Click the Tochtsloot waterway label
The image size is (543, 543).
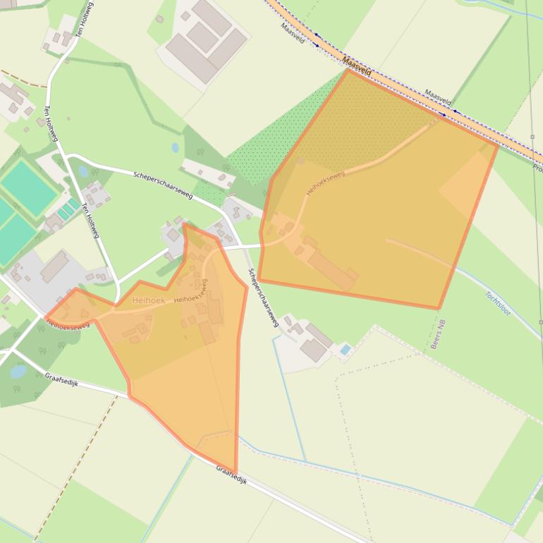tap(497, 303)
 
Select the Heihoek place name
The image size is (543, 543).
tap(148, 300)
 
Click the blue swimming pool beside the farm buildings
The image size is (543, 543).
tap(344, 350)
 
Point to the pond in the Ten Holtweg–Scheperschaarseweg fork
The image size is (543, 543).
tap(83, 171)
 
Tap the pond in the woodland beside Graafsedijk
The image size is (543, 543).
tap(18, 372)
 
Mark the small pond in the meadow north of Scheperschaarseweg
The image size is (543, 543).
tap(175, 148)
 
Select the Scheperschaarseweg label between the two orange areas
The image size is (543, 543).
tap(264, 296)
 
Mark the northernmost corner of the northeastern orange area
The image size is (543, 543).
tap(348, 70)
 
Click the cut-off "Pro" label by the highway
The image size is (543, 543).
tap(537, 169)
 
